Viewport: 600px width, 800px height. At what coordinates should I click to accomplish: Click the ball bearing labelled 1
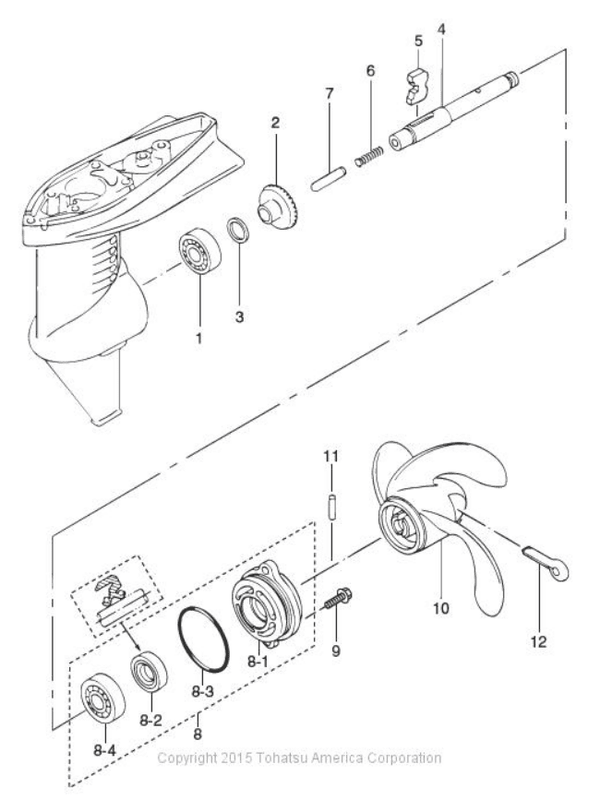coord(199,253)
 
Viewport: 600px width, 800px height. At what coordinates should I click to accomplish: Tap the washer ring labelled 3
coord(238,230)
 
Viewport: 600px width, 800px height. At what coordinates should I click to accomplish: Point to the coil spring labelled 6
coord(368,155)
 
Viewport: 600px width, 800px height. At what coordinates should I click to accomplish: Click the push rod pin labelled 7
coord(328,181)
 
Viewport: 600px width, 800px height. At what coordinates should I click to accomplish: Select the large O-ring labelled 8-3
coord(203,639)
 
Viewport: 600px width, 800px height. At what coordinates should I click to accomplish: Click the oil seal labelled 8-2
coord(149,671)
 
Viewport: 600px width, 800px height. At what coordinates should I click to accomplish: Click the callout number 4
coord(441,30)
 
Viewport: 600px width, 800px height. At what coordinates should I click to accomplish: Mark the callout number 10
coord(441,608)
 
